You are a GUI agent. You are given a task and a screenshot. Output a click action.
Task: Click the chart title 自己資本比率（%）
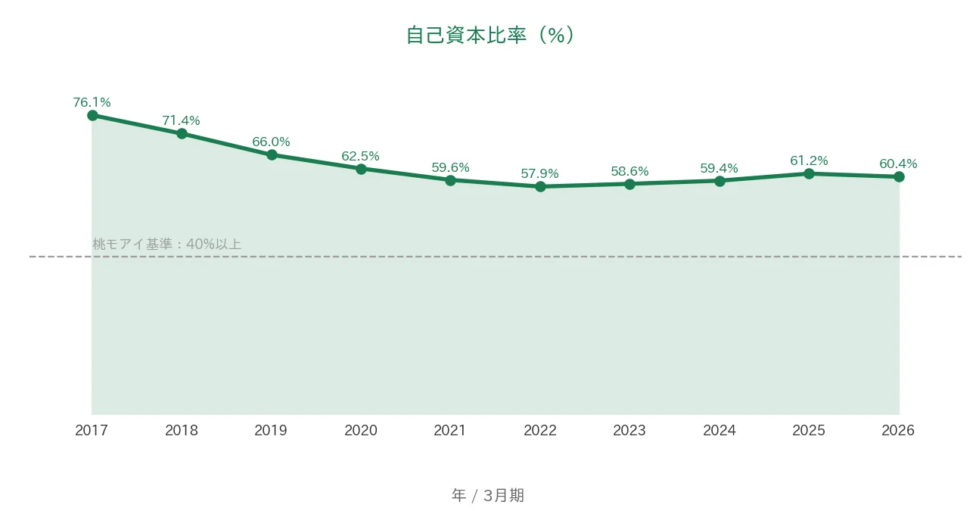[490, 35]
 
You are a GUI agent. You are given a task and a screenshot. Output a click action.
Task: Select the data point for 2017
[92, 116]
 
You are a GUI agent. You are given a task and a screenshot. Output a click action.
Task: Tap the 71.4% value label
[182, 120]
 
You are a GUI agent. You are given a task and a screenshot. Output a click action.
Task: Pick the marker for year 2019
[272, 154]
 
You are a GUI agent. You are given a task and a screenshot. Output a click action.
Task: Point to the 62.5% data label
[360, 156]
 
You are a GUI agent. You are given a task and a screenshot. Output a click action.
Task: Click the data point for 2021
[450, 180]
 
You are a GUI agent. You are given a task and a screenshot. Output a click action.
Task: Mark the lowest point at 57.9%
[540, 187]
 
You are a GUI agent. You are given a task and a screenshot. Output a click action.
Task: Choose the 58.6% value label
[629, 171]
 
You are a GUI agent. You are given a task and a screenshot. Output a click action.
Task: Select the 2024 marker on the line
[720, 182]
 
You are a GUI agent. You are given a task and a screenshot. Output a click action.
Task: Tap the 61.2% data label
[809, 161]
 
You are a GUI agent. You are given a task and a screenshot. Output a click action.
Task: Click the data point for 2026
[899, 177]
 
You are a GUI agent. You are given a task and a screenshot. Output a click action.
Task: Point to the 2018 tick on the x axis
[182, 431]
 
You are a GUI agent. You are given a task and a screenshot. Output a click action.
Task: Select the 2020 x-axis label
[361, 431]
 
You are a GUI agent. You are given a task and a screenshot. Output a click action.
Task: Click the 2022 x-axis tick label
[540, 431]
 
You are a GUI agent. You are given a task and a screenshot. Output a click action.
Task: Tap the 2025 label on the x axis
[809, 431]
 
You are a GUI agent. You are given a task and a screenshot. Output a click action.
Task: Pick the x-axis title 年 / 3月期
[488, 496]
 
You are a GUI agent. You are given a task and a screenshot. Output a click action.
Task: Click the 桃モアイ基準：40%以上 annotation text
[167, 245]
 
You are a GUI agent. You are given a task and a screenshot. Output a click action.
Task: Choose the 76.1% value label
[92, 102]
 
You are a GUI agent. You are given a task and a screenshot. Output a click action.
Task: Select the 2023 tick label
[629, 431]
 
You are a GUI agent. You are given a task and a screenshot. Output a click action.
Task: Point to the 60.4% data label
[898, 164]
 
